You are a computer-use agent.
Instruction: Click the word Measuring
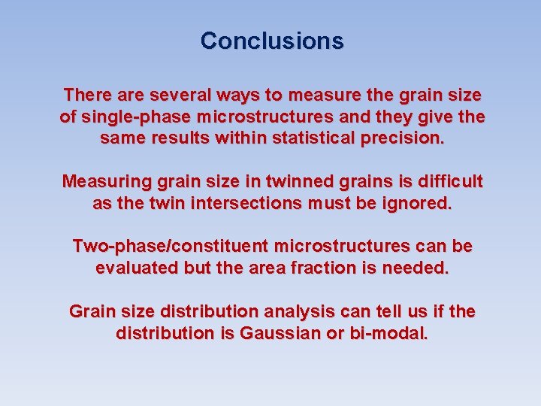(106, 181)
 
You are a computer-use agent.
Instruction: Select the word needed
(416, 268)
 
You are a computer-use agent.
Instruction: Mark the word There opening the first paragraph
(86, 95)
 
